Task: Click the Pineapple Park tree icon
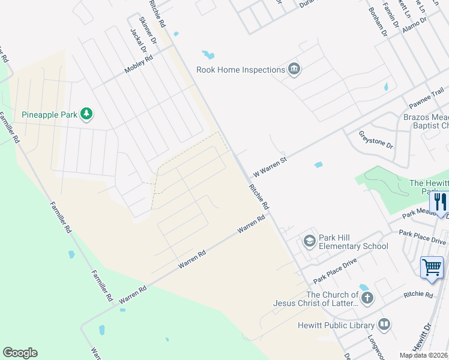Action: click(x=87, y=113)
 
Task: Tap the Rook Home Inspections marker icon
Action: click(x=294, y=70)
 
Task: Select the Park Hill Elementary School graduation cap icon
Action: click(x=309, y=241)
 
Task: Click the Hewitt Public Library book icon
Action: click(x=384, y=325)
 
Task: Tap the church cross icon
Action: click(x=367, y=298)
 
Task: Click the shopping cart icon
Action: click(x=432, y=267)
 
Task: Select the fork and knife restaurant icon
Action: click(x=441, y=202)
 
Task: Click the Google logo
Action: click(x=20, y=353)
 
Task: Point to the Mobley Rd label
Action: click(x=139, y=65)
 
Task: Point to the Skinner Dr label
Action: click(x=148, y=31)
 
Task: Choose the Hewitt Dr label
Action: click(x=423, y=338)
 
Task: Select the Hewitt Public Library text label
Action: click(x=336, y=326)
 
